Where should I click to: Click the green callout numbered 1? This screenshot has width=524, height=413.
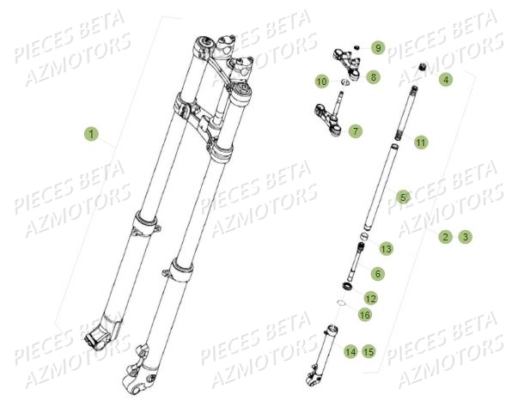coord(92,134)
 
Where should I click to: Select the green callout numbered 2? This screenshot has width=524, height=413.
coord(445,236)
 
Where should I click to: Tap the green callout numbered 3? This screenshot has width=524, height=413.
coord(465,236)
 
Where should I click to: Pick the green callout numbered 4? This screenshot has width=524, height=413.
coord(445,80)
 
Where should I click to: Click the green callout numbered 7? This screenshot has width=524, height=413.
coord(355,131)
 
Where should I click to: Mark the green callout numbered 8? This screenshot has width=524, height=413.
coord(373,77)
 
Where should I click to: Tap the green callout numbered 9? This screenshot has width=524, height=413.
coord(378,47)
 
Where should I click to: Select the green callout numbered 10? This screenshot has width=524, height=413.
coord(322,82)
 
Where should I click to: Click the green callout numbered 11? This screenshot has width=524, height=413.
coord(420,142)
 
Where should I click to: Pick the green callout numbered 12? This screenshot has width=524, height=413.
coord(370,298)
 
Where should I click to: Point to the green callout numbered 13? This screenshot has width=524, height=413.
coord(386,248)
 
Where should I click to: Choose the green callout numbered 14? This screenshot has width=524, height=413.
coord(350,350)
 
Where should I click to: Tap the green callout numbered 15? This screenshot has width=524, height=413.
coord(369,350)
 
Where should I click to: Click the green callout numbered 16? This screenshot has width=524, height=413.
coord(364,315)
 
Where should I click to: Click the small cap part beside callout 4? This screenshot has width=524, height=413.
coord(423,68)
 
